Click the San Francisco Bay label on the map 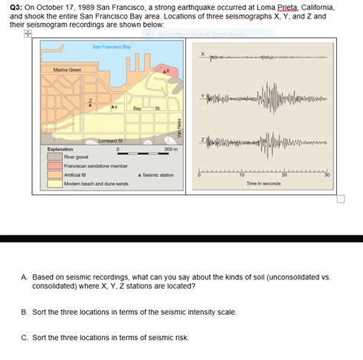(112, 47)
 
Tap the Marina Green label (67, 70)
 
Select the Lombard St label (112, 140)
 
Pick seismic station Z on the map (88, 103)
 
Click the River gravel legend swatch (54, 157)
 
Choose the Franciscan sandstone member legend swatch (54, 165)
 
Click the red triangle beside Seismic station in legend (139, 175)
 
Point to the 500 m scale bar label (171, 149)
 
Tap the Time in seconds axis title (263, 184)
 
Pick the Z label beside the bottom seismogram (202, 140)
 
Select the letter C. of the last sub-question (25, 337)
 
